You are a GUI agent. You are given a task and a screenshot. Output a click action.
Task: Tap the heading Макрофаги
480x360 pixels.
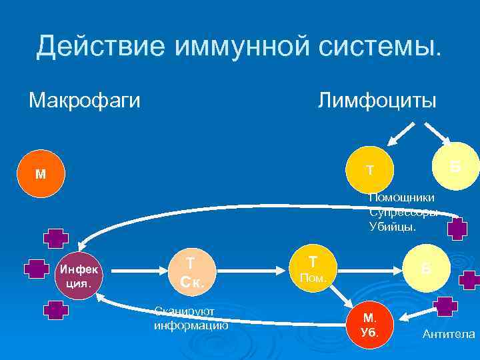[x=85, y=101]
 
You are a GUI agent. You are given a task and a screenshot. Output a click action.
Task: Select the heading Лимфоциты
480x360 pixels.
[x=377, y=101]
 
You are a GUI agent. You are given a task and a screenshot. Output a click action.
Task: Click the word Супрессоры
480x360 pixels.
[x=404, y=212]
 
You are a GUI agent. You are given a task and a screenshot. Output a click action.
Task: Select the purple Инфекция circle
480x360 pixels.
[x=79, y=275]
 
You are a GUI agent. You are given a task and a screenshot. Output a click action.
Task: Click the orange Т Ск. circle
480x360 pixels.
[x=191, y=271]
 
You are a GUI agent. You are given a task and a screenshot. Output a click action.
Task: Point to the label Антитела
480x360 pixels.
[x=449, y=334]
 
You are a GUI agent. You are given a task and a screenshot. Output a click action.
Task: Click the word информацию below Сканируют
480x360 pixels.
[x=191, y=326]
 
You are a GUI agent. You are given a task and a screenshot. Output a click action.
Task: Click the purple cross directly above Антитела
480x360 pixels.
[x=444, y=305]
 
